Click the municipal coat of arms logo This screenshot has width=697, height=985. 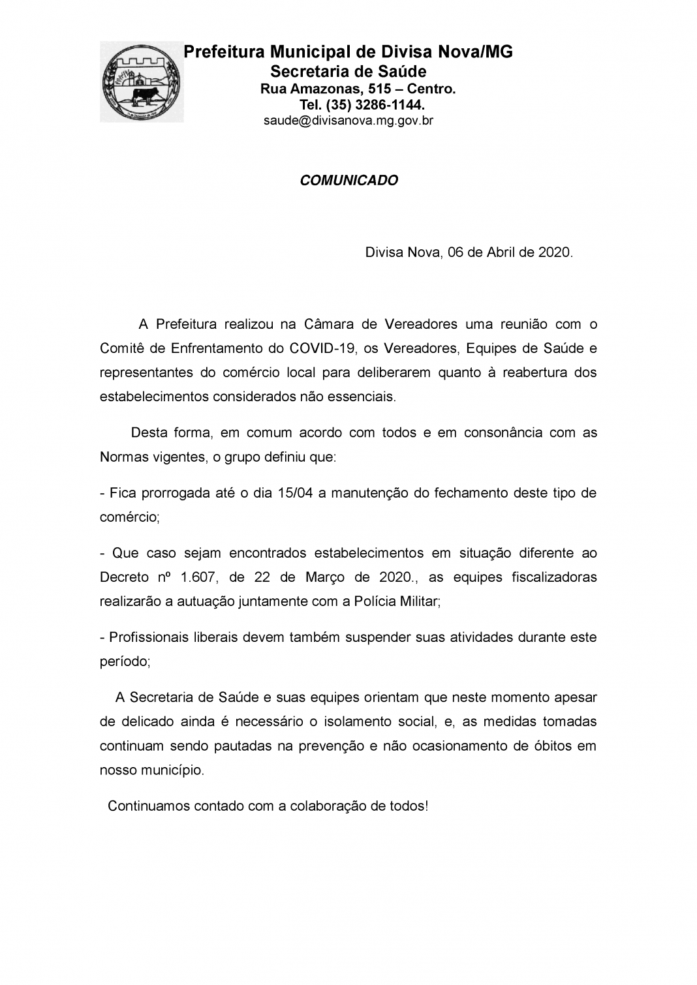(141, 82)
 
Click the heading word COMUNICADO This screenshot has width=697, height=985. (348, 181)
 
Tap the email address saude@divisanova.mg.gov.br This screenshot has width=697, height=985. (348, 121)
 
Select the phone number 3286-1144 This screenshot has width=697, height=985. (390, 104)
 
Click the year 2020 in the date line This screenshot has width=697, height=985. (555, 252)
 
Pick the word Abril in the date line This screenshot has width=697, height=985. (501, 252)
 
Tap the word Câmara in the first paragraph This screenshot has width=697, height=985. (330, 324)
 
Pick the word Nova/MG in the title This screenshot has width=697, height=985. (481, 52)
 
